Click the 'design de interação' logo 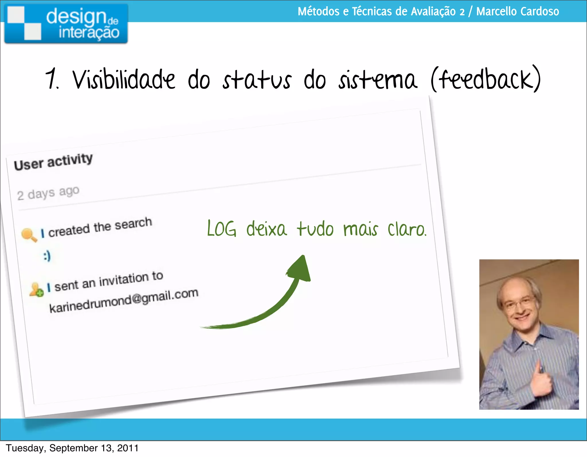(x=66, y=24)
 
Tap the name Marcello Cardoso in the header (x=517, y=11)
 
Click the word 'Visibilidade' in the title (x=124, y=80)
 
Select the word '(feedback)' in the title (x=486, y=79)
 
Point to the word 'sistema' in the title (x=377, y=80)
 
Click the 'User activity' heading (x=53, y=162)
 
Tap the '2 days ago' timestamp (x=48, y=193)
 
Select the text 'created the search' (x=100, y=227)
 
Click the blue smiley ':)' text (x=47, y=256)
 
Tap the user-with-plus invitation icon (x=36, y=289)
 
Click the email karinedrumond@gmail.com (x=124, y=300)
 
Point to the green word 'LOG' (x=222, y=229)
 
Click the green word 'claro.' (x=407, y=230)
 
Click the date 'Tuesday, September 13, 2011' (x=72, y=448)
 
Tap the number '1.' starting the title (x=52, y=79)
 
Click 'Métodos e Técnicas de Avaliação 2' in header (x=381, y=11)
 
